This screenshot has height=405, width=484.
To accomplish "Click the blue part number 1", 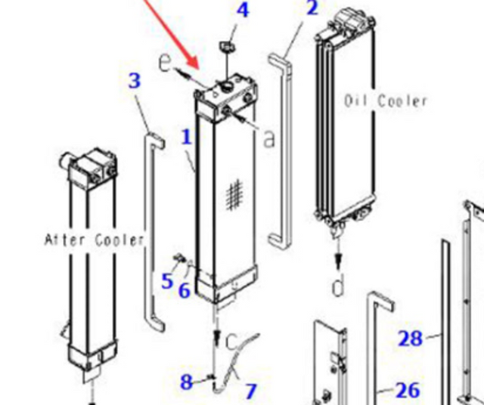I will point(186,138).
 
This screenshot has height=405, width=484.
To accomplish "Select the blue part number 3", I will point(135,81).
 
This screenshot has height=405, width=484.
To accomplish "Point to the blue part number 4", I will point(242,11).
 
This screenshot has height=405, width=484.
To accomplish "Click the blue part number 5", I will point(167,282).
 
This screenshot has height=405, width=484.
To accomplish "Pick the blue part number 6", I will point(185,289).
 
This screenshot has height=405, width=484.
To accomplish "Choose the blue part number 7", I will point(250,391).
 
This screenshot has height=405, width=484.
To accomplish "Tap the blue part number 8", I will point(186,382).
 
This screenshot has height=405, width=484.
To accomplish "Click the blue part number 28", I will point(410,338).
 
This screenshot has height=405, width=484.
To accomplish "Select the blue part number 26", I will point(408,390).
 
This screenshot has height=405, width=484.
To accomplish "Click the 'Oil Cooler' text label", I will point(386,100).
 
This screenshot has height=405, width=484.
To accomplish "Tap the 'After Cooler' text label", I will point(94,240).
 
